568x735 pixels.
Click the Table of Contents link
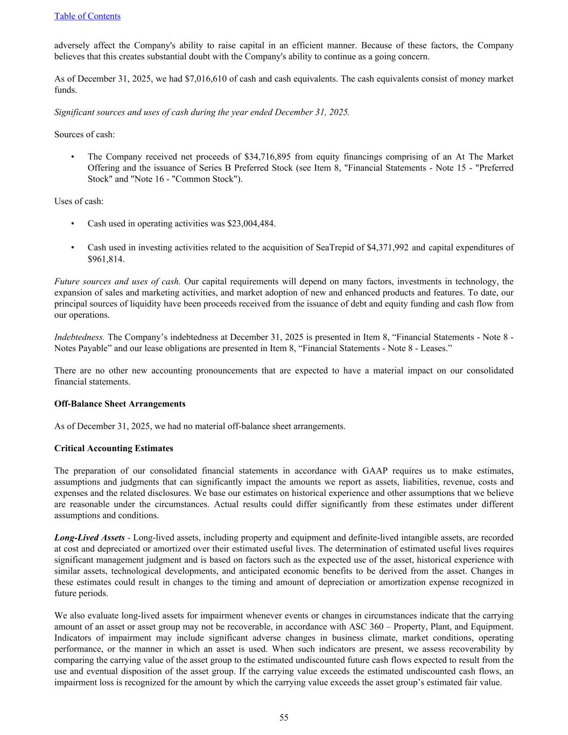pyautogui.click(x=87, y=16)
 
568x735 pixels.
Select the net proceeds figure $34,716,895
pyautogui.click(x=268, y=157)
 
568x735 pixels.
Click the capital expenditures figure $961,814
pyautogui.click(x=105, y=259)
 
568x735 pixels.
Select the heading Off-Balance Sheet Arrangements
pyautogui.click(x=120, y=404)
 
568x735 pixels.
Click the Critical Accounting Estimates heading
pyautogui.click(x=114, y=449)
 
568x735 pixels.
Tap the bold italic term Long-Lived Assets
pyautogui.click(x=89, y=537)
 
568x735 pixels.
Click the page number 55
pyautogui.click(x=284, y=717)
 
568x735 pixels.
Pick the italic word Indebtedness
pyautogui.click(x=80, y=337)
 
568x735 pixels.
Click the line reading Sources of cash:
pyautogui.click(x=85, y=134)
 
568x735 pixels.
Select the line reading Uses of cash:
pyautogui.click(x=79, y=201)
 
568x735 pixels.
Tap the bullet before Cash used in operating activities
pyautogui.click(x=72, y=223)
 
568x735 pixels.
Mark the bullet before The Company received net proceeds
pyautogui.click(x=72, y=157)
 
